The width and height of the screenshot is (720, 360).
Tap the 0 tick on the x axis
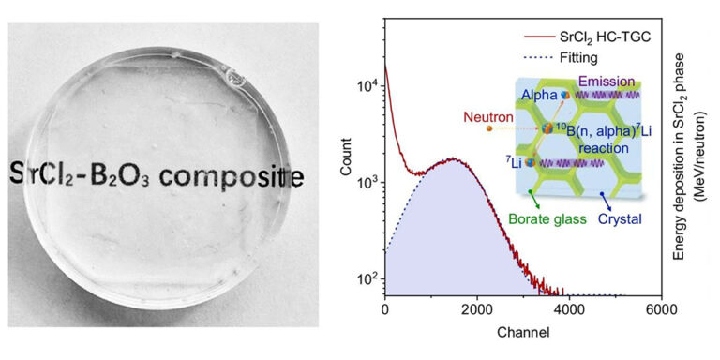385,309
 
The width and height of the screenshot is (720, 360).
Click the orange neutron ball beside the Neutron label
488,128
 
